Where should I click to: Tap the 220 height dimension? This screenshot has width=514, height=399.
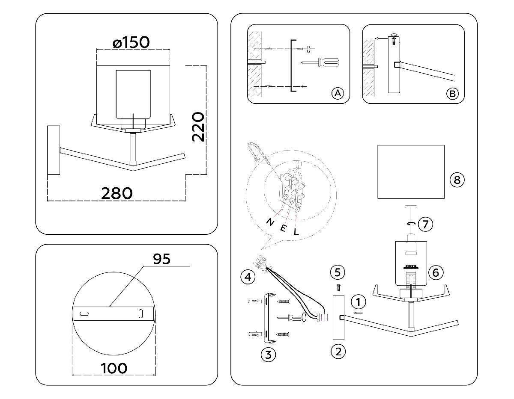(x=197, y=127)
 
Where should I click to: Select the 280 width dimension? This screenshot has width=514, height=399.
(x=117, y=193)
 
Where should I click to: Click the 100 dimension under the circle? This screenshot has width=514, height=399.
(x=114, y=367)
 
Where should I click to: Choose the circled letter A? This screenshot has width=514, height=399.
(x=338, y=93)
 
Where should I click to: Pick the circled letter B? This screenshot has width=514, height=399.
(x=452, y=93)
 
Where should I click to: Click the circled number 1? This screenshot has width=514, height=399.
(x=359, y=302)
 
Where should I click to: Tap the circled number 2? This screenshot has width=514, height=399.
(x=338, y=352)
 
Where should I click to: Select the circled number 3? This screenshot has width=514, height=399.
(x=268, y=354)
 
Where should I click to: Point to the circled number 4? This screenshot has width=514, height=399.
(x=247, y=277)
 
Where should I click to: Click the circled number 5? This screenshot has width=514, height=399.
(x=338, y=272)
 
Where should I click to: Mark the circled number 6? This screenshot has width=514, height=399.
(x=435, y=272)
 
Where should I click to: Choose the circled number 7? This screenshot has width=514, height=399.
(x=425, y=224)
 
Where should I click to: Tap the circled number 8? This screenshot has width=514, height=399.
(x=457, y=180)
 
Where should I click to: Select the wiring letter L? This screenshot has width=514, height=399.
(x=295, y=231)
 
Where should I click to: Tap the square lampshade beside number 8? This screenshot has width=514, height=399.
(x=411, y=171)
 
